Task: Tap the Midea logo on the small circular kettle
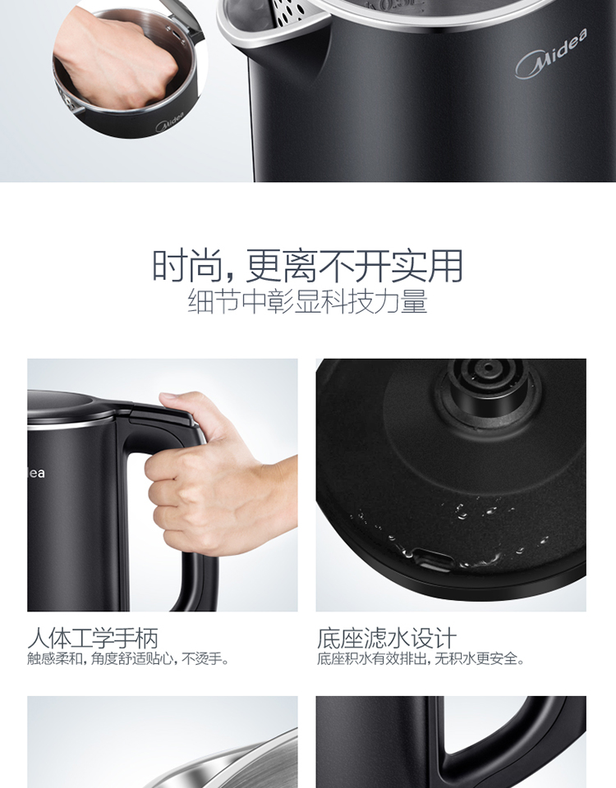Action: (x=169, y=121)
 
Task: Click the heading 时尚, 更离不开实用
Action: (x=308, y=265)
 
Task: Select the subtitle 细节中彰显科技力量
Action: (x=308, y=301)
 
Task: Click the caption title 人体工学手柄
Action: (x=93, y=639)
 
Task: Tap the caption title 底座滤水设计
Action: (x=387, y=639)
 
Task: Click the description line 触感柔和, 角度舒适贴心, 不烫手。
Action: (x=128, y=658)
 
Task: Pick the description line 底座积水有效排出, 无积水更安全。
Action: (x=421, y=658)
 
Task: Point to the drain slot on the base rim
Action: (x=434, y=558)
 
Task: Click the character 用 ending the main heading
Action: (x=445, y=265)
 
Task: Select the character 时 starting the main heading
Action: (x=169, y=265)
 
